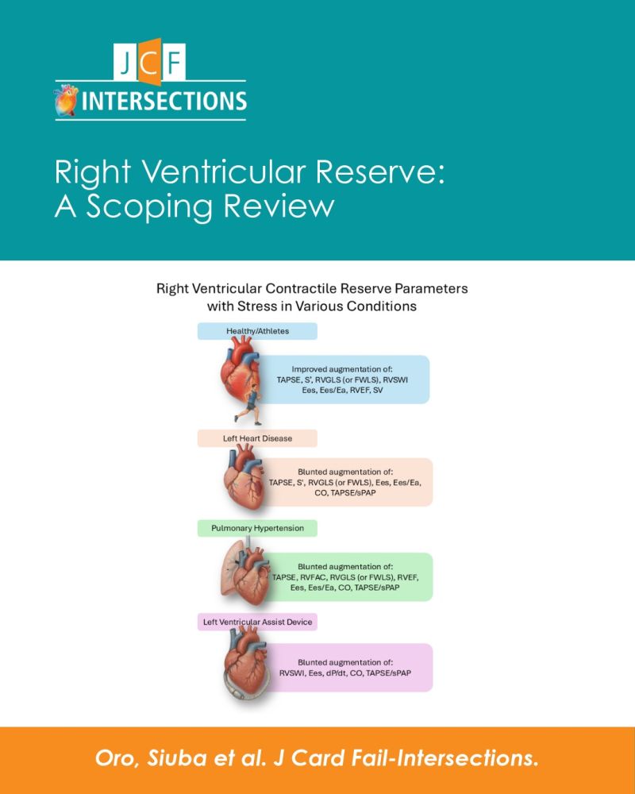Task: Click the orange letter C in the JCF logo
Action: point(150,61)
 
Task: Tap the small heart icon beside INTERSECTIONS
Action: point(67,100)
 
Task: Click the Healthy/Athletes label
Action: point(257,331)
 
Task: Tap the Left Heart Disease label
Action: point(257,438)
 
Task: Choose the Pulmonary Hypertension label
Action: point(257,528)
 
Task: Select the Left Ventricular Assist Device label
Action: point(257,622)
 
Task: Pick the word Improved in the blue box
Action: point(309,369)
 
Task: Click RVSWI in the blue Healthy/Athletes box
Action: point(395,380)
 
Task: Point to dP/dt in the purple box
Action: point(337,673)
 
